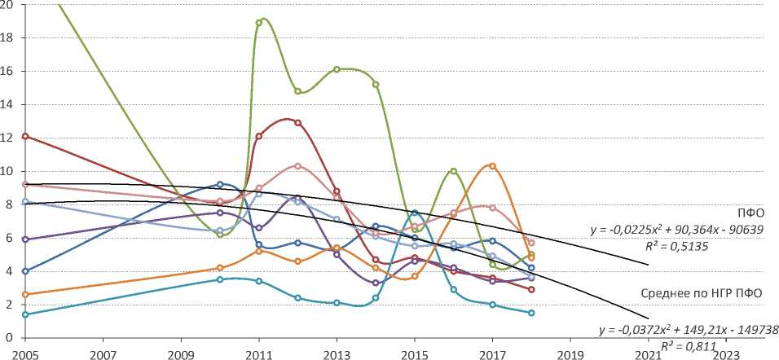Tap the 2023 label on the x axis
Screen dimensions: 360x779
pyautogui.click(x=726, y=353)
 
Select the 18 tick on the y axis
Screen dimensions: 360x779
pyautogui.click(x=9, y=37)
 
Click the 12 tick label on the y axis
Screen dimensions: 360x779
pyautogui.click(x=9, y=138)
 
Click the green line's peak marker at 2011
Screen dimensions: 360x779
pyautogui.click(x=258, y=23)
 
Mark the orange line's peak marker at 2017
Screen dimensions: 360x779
pyautogui.click(x=492, y=166)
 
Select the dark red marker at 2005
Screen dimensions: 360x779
pyautogui.click(x=25, y=136)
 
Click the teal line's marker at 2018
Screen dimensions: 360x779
pyautogui.click(x=531, y=313)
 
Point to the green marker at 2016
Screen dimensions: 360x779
pyautogui.click(x=453, y=171)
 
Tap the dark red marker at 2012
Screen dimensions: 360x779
pyautogui.click(x=297, y=123)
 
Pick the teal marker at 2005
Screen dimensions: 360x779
pyautogui.click(x=25, y=314)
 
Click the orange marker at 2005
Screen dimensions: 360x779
pyautogui.click(x=25, y=294)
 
